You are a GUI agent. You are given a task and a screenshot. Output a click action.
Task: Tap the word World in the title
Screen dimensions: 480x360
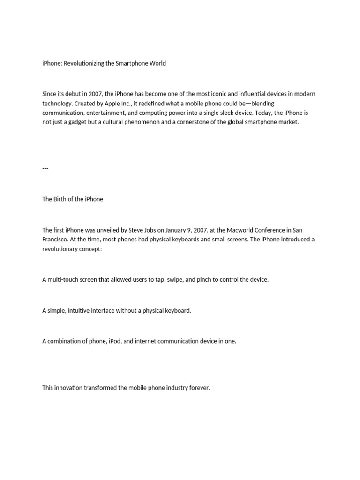157,63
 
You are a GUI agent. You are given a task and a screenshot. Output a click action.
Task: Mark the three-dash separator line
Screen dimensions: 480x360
45,168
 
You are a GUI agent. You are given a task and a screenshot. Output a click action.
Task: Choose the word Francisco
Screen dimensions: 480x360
55,240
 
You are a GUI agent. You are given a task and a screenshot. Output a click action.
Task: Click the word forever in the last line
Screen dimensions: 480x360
199,388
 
